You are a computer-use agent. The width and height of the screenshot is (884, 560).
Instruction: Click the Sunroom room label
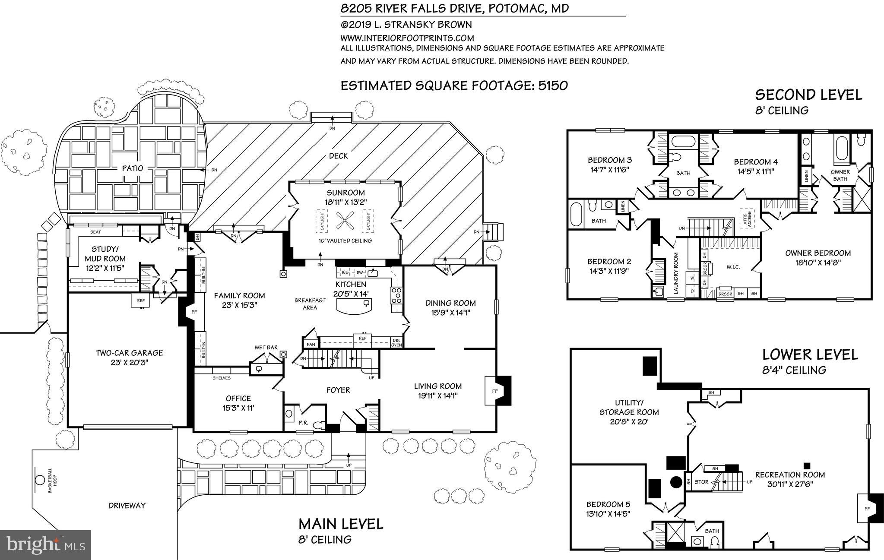click(345, 193)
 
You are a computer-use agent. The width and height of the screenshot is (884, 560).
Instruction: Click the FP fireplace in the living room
click(495, 391)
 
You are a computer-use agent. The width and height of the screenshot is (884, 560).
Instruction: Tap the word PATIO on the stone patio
click(132, 168)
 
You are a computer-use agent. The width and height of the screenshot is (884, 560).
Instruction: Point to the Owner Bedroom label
click(817, 253)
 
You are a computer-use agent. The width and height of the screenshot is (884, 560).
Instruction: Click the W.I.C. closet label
click(733, 267)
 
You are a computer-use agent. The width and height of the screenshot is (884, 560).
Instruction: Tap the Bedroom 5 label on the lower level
click(608, 504)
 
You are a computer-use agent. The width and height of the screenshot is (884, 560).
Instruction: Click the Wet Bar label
click(266, 347)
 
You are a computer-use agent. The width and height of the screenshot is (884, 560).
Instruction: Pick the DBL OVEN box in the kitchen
click(396, 342)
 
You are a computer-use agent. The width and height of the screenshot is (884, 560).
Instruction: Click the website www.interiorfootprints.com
click(407, 38)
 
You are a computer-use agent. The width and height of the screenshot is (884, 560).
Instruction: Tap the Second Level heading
click(808, 95)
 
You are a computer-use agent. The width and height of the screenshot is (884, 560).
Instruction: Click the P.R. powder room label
click(303, 423)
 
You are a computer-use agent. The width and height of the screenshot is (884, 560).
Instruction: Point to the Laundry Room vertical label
click(676, 273)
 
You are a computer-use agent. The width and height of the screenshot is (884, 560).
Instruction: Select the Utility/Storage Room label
click(629, 408)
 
